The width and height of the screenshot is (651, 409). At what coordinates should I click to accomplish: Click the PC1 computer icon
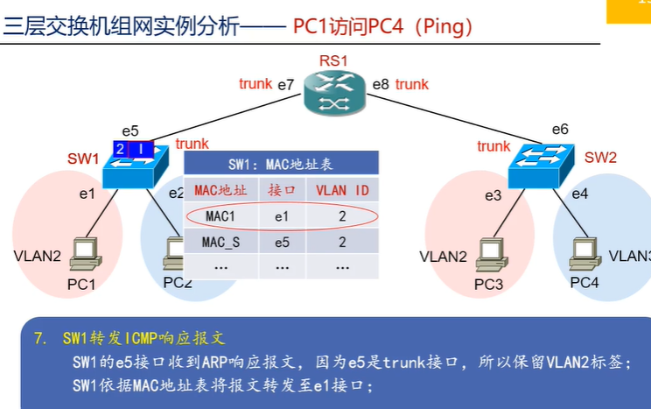tap(86, 255)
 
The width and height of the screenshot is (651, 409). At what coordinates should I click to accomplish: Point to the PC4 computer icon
tap(584, 255)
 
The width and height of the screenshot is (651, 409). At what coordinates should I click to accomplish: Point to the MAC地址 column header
tap(220, 189)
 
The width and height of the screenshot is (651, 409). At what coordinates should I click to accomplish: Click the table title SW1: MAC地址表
tap(280, 163)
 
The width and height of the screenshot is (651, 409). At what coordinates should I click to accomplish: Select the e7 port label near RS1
tap(286, 85)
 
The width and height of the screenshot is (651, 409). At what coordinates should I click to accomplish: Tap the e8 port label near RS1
tap(380, 85)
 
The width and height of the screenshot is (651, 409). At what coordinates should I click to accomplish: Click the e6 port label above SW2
tap(560, 130)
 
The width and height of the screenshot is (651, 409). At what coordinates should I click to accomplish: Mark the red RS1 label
tap(333, 61)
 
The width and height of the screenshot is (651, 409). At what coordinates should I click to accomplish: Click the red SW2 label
tap(600, 158)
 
